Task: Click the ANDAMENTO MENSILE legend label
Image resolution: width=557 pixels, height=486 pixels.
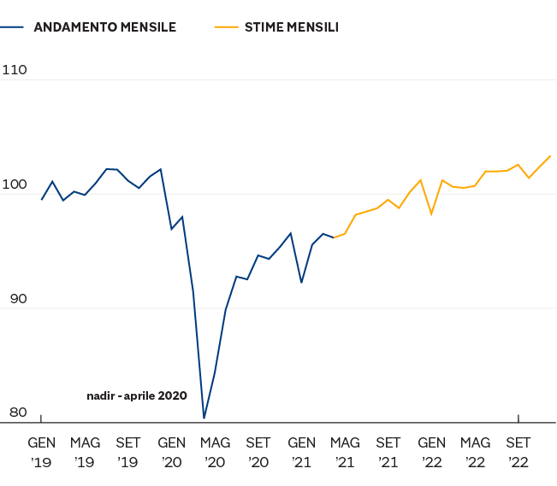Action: coord(104,27)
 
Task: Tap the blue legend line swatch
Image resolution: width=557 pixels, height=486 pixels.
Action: coord(14,27)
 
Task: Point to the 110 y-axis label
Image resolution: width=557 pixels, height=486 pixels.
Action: coord(16,70)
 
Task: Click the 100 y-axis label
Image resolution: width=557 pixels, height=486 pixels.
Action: coord(16,184)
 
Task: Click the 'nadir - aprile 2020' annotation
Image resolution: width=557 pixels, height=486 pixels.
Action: coord(137,395)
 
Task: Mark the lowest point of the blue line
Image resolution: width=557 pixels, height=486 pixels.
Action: coord(204,418)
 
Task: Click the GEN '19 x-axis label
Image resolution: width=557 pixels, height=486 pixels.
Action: coord(41,452)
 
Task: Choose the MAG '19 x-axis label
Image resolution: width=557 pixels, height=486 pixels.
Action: coord(85,452)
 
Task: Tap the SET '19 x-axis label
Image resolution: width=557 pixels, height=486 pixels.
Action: coord(128,452)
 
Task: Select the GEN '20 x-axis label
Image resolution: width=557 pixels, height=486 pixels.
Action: coord(171,452)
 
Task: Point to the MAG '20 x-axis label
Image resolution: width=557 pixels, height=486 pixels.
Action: coord(215,452)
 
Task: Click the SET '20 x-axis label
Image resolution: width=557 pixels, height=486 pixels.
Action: coord(258,452)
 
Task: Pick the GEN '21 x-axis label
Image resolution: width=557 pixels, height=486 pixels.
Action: coord(301,452)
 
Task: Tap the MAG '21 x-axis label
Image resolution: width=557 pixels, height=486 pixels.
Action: coord(345,452)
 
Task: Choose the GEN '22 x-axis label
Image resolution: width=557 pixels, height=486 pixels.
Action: coord(431,452)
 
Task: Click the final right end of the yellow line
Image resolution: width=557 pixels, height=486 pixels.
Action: coord(551,155)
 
